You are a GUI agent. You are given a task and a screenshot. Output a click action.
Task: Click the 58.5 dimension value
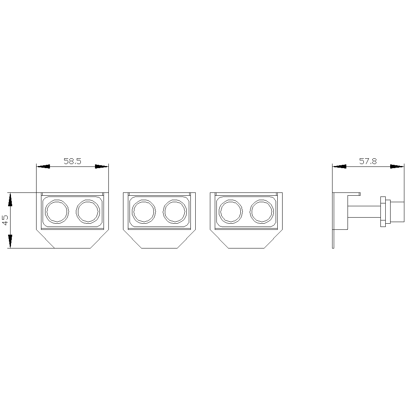click(x=73, y=161)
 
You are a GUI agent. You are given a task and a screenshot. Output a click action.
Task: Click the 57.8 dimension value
click(x=368, y=161)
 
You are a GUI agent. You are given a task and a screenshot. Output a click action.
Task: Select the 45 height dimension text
click(x=5, y=220)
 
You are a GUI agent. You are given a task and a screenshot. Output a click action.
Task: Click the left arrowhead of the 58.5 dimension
click(x=43, y=166)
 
